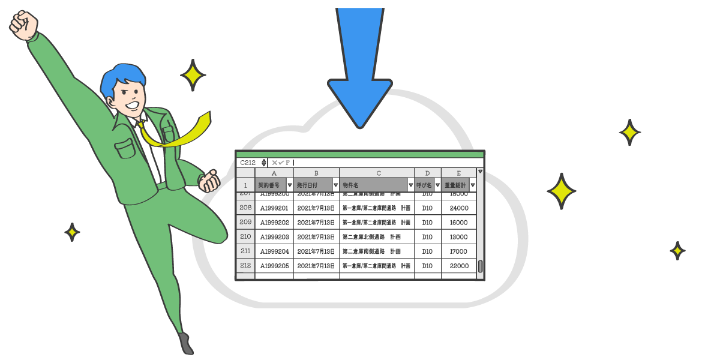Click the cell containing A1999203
(x=274, y=237)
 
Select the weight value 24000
(x=458, y=208)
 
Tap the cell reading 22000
(x=458, y=266)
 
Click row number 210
(x=245, y=237)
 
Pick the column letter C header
(x=377, y=173)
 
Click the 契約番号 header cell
(x=271, y=185)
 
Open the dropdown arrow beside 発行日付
(x=335, y=185)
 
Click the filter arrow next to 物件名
(x=410, y=185)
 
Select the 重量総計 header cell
(x=455, y=185)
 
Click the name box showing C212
(x=248, y=163)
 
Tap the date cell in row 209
(x=316, y=223)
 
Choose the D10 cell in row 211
(x=427, y=251)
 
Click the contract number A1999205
(x=274, y=266)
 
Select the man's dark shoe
(x=187, y=343)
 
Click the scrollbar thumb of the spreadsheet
(x=480, y=266)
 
